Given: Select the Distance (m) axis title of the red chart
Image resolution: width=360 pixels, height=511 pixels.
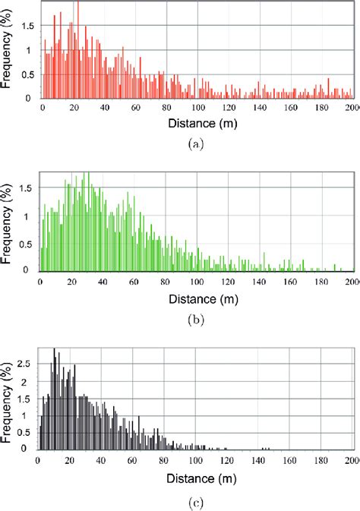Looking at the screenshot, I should coord(197,124).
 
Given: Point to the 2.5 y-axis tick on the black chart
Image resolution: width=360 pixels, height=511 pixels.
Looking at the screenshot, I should coord(27,363).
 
